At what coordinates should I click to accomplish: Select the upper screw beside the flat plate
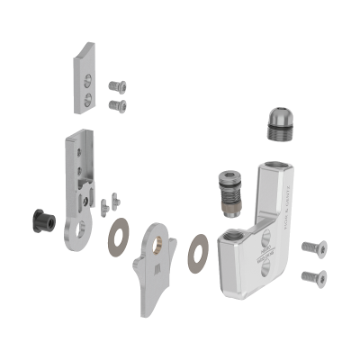click(117, 86)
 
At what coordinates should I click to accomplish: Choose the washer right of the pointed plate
click(199, 251)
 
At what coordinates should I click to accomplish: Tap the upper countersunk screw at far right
click(311, 247)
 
